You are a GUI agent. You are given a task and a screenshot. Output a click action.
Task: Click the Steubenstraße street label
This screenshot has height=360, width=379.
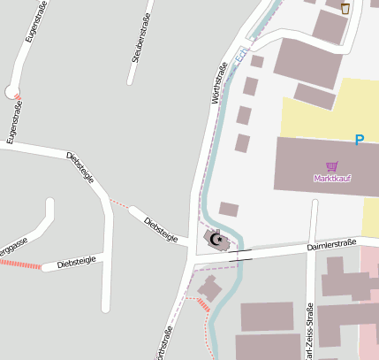click(138, 42)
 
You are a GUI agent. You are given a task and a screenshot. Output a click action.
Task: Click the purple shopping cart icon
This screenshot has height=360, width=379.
click(332, 166)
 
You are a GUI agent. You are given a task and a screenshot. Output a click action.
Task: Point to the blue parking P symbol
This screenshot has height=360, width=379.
click(359, 140)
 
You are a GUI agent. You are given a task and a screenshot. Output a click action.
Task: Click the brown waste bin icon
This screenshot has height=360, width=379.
click(345, 8)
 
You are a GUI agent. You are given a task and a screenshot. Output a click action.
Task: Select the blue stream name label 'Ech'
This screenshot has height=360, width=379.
click(241, 55)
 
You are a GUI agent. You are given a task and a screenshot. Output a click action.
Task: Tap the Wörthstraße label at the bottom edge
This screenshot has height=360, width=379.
click(163, 343)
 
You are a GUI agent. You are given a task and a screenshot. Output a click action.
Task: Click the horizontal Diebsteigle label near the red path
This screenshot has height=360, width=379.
click(75, 262)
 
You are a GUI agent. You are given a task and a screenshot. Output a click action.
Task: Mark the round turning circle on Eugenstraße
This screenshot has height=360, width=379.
click(11, 91)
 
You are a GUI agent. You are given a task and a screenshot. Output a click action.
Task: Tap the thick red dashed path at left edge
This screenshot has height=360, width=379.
click(21, 264)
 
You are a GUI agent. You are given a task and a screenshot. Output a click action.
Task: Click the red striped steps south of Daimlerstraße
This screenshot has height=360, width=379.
click(204, 305)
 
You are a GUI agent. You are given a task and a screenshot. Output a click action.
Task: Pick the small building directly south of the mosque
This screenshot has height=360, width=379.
click(209, 287)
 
